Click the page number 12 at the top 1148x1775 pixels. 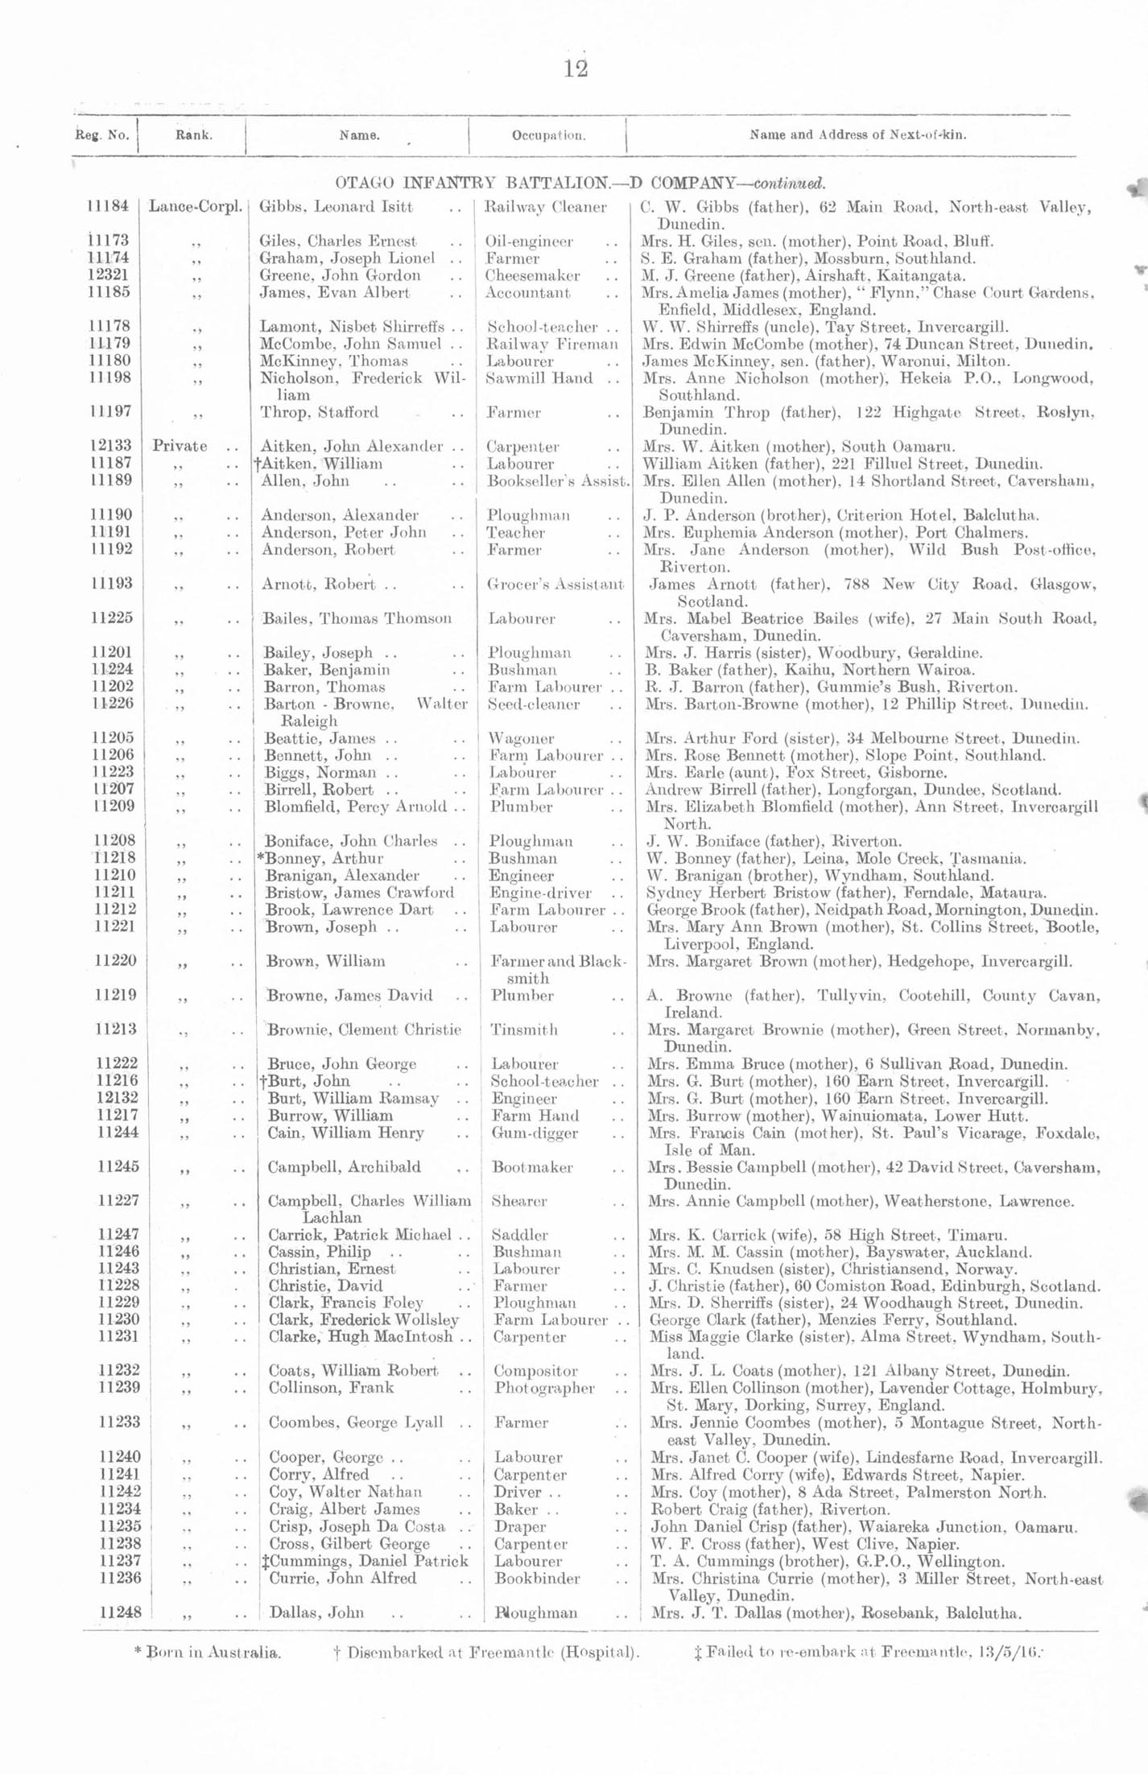point(576,69)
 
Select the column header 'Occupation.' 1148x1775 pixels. point(548,135)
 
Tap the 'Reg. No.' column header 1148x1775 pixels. point(102,135)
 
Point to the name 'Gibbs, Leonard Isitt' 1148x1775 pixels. point(336,207)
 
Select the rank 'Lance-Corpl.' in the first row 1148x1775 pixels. point(195,207)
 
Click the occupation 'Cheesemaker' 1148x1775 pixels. point(532,276)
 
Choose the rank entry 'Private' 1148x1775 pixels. point(180,446)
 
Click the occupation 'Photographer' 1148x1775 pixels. point(545,1388)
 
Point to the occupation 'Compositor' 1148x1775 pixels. point(535,1370)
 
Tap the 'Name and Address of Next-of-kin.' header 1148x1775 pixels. point(858,135)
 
